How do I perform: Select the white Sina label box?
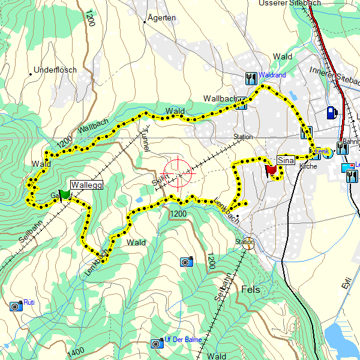coord(286,161)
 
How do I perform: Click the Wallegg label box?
coord(88,185)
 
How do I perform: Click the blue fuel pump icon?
coord(331,112)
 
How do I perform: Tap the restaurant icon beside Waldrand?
coord(251,77)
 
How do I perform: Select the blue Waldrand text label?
coord(272,76)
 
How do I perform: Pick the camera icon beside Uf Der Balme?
coord(157,343)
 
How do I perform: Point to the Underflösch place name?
coord(56,70)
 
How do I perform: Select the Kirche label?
coord(308,166)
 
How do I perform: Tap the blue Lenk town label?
coord(319,151)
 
